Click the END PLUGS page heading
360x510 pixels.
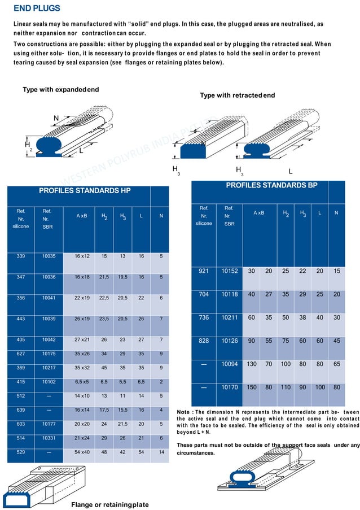37,9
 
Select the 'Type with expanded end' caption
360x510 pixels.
60,90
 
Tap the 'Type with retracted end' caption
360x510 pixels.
237,95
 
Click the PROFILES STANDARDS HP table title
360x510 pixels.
85,191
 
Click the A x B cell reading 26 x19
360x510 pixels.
82,319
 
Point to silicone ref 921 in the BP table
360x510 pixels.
204,271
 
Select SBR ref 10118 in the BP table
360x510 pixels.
229,294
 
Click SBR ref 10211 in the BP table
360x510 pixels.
229,317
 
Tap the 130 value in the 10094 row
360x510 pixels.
251,364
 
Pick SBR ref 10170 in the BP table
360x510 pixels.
229,387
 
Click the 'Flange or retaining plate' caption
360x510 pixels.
109,504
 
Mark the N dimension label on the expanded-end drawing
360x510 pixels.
56,118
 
